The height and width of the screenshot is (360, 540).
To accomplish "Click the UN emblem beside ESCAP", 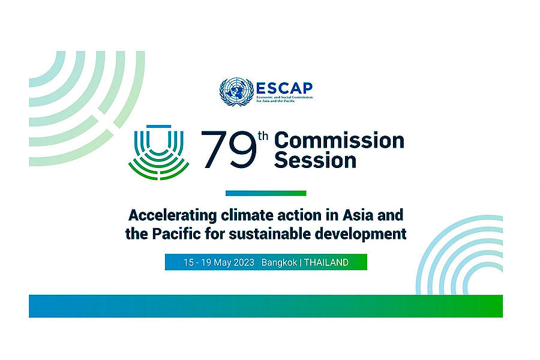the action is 236,92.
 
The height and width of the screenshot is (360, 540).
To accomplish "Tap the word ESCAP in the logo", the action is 284,88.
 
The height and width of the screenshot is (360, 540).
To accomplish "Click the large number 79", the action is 229,149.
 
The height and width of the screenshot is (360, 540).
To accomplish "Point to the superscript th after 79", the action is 263,136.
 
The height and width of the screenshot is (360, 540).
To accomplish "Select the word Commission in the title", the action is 339,140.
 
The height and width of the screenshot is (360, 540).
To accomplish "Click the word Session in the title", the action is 315,160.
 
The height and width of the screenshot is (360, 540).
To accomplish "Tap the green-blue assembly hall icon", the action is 159,152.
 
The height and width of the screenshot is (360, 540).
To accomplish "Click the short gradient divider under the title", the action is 266,193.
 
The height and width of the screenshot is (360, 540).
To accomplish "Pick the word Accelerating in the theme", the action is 173,215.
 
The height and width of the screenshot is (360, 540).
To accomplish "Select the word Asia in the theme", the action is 358,215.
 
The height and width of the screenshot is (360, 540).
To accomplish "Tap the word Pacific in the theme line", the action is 176,234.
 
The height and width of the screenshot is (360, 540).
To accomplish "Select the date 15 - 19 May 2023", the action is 218,263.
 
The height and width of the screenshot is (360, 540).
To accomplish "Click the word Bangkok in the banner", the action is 279,263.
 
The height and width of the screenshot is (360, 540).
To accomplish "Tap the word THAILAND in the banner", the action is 326,263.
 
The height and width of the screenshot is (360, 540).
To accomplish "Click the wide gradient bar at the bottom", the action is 266,306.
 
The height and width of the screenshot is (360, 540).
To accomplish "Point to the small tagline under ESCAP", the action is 284,99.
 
